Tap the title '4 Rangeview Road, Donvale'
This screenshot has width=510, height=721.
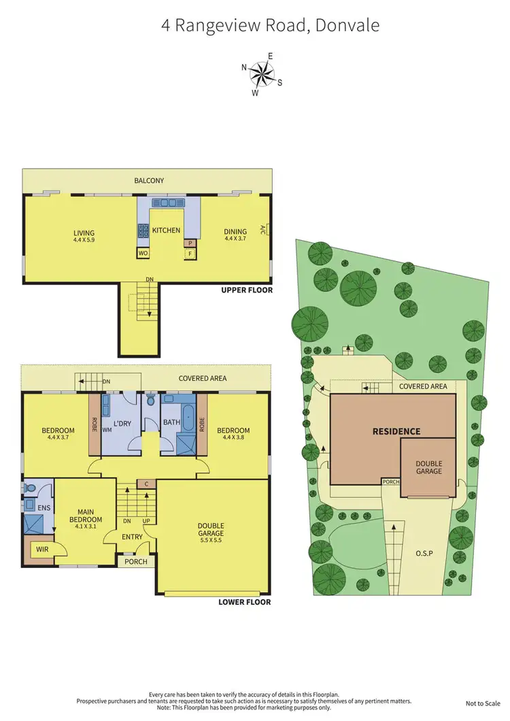270,26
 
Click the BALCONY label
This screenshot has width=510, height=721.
150,181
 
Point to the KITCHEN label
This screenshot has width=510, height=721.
166,231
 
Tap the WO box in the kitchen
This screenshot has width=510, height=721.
143,253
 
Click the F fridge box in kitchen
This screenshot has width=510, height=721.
190,253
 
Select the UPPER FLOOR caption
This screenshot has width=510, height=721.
247,290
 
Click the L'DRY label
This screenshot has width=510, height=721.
122,424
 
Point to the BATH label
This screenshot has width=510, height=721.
171,423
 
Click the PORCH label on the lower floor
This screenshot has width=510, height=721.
136,562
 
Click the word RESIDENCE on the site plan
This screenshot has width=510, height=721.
396,431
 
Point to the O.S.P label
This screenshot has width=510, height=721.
424,554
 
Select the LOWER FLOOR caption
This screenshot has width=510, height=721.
245,602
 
